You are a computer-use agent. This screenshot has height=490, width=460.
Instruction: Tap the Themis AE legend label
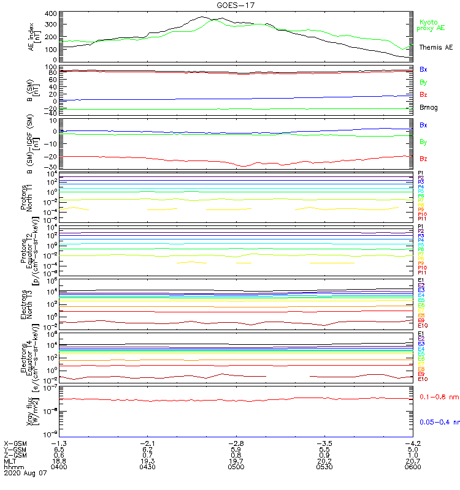click(435, 47)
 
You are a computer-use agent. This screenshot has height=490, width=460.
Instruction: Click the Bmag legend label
click(428, 108)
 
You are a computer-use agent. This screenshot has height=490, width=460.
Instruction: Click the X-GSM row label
click(15, 443)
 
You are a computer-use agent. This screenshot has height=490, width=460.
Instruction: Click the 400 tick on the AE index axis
click(51, 13)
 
